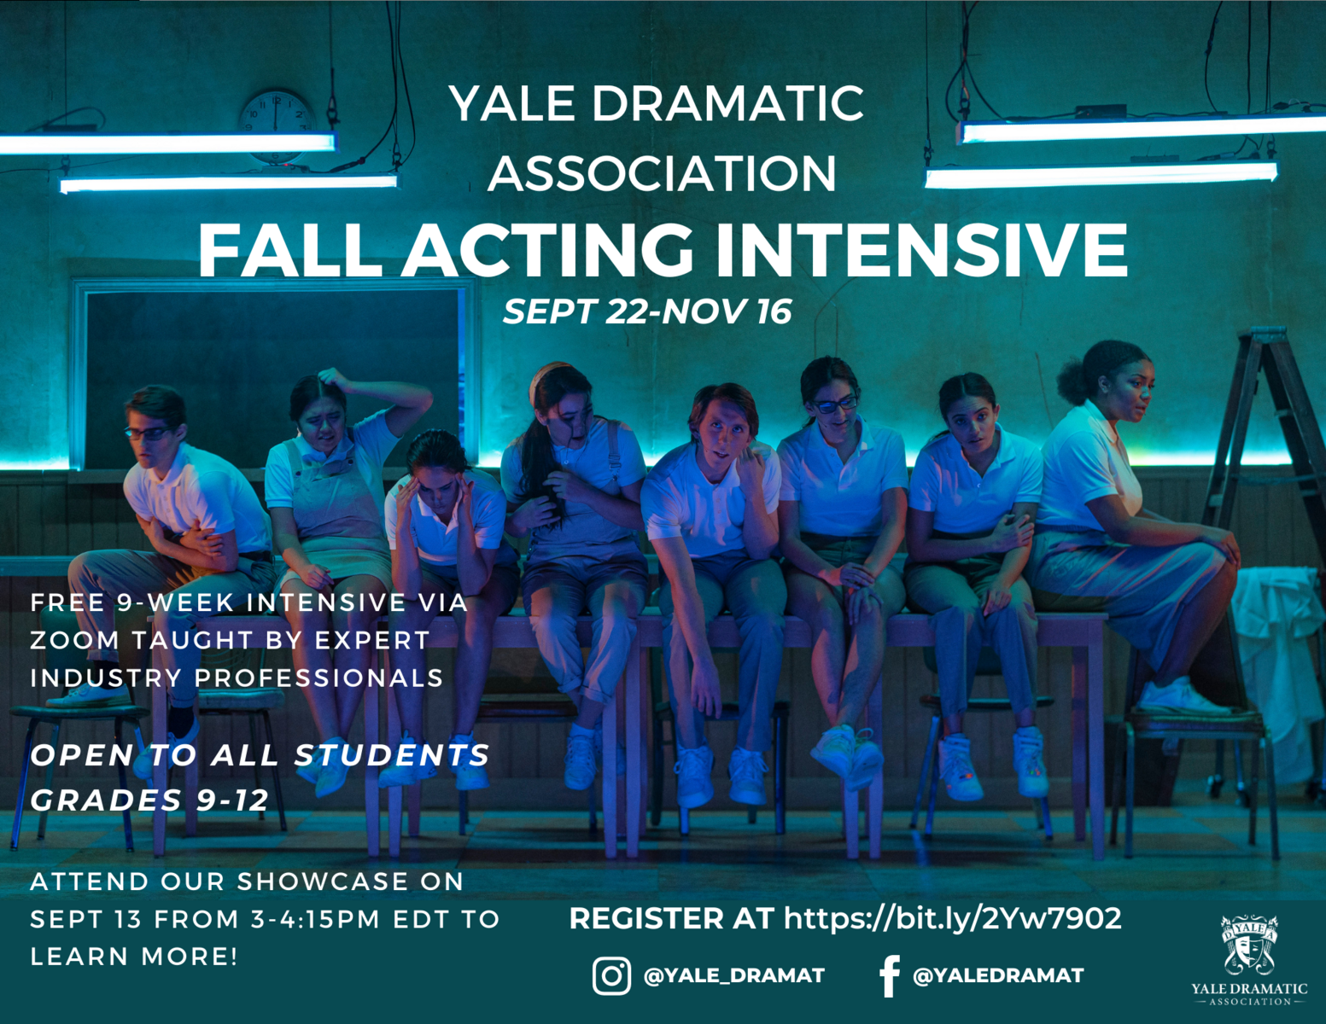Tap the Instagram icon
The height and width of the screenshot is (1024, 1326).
click(611, 976)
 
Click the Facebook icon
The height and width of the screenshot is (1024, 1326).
click(889, 976)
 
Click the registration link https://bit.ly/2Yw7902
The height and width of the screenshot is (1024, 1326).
click(953, 918)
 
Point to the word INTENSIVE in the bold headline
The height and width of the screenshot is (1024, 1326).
click(922, 251)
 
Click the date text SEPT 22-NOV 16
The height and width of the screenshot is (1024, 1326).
click(647, 311)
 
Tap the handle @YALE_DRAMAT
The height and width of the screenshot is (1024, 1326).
click(734, 976)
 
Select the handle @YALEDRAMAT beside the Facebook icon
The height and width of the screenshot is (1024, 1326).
click(998, 976)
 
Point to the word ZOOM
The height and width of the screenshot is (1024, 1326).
click(74, 640)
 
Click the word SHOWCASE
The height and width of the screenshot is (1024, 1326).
click(322, 881)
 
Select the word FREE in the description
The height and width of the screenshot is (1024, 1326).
click(67, 602)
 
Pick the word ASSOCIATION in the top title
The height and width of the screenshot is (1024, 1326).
click(662, 173)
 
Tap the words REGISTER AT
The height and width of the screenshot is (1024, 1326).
click(671, 918)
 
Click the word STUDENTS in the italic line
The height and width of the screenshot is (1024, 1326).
click(392, 755)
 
